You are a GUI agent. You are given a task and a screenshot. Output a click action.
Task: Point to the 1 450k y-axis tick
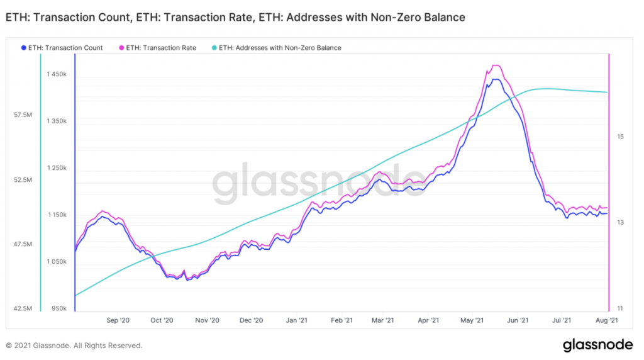(x=57, y=74)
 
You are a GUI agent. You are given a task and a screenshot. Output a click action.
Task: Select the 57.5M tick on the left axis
(x=25, y=115)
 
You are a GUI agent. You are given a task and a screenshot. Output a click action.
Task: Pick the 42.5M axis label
(x=25, y=308)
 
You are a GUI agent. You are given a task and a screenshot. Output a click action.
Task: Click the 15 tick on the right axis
(x=619, y=137)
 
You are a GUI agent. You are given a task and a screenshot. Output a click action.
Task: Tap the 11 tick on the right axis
(x=619, y=308)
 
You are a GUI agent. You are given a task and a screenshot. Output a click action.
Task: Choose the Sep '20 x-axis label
(x=118, y=320)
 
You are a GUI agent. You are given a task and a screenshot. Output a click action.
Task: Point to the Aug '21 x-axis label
(x=606, y=320)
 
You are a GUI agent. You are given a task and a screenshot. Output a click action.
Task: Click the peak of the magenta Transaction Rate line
(x=496, y=65)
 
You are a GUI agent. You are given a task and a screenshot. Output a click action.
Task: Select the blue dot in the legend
(x=23, y=48)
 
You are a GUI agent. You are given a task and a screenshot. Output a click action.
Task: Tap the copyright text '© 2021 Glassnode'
(x=74, y=346)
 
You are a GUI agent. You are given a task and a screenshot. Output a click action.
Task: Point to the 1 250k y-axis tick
(x=57, y=168)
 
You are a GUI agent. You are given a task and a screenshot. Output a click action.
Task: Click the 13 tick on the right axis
(x=619, y=223)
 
